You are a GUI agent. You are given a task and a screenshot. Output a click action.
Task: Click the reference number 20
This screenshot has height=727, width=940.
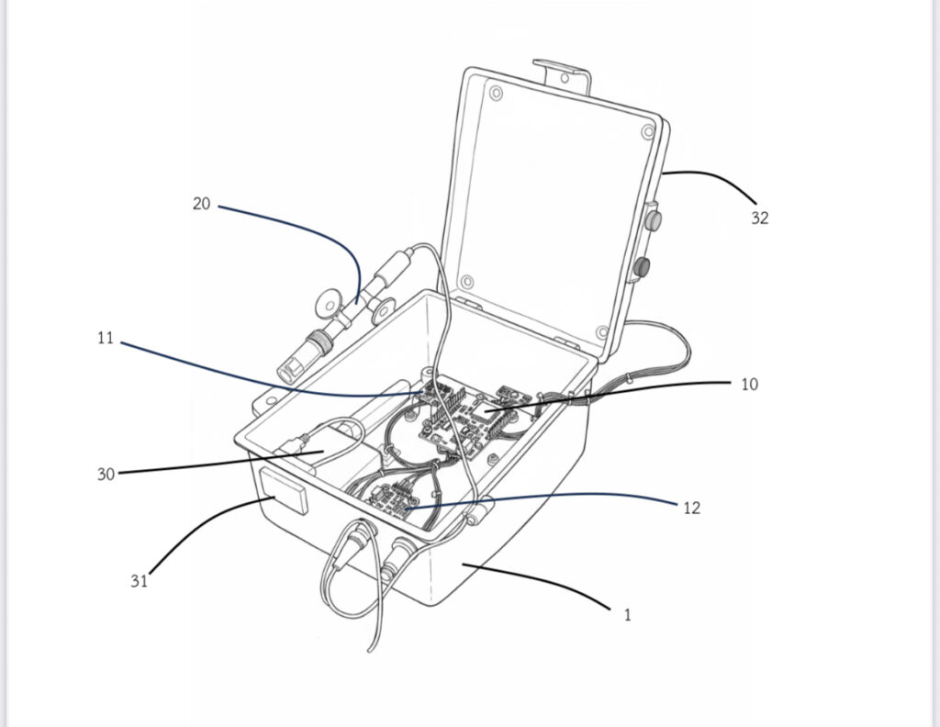click(201, 204)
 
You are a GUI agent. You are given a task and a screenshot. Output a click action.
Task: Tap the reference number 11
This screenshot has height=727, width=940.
click(105, 338)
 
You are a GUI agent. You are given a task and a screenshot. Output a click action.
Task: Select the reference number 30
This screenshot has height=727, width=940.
click(106, 474)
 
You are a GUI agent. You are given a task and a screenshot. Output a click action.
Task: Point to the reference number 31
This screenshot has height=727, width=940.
click(140, 581)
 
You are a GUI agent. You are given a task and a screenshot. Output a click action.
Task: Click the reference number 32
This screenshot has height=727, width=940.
click(759, 218)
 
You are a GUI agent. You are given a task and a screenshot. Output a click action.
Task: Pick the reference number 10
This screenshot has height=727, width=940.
click(749, 385)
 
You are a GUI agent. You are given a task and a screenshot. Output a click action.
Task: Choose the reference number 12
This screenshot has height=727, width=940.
click(691, 508)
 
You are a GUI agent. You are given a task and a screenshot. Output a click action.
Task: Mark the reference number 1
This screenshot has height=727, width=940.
click(628, 615)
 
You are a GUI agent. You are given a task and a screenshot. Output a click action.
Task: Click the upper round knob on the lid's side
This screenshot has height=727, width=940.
click(653, 218)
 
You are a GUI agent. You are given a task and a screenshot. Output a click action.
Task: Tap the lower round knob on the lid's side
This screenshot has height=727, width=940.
click(643, 266)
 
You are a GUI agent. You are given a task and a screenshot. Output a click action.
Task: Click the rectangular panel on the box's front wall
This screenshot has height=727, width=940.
click(284, 491)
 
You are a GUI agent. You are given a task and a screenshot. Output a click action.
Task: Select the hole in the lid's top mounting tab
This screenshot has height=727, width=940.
click(565, 78)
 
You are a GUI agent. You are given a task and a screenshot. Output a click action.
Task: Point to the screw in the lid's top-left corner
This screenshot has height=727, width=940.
click(497, 93)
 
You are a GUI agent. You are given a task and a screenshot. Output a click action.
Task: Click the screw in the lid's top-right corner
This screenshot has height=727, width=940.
click(648, 132)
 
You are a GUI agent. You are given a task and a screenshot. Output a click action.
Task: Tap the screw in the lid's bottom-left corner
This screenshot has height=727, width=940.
click(467, 282)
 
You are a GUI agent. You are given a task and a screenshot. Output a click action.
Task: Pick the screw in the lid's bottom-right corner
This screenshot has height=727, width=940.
click(602, 332)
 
